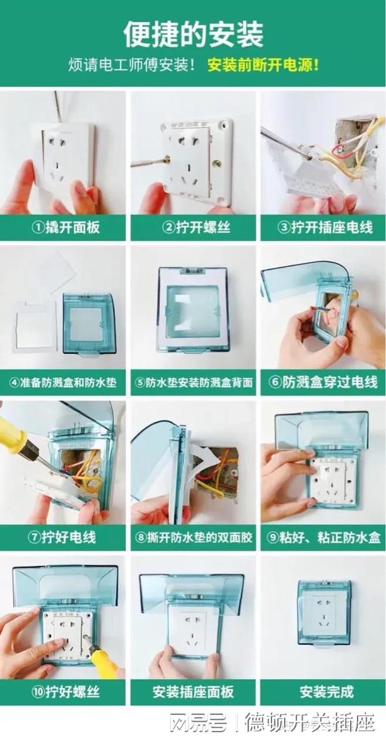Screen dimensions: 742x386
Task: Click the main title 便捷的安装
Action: tap(193, 34)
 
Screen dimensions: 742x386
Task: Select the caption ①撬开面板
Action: tap(65, 228)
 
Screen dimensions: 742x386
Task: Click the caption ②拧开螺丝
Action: tap(193, 228)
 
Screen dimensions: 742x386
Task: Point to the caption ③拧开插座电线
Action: tap(323, 228)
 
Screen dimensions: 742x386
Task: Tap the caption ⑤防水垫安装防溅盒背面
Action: tap(194, 383)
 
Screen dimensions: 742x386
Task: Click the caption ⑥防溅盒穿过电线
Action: tap(323, 383)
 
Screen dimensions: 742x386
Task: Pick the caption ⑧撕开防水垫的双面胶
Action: tap(194, 538)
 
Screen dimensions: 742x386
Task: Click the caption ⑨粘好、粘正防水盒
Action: tap(323, 538)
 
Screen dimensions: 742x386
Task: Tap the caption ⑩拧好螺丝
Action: tap(65, 693)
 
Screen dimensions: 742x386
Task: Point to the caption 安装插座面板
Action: tap(194, 693)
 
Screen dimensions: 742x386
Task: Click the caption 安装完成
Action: tap(323, 693)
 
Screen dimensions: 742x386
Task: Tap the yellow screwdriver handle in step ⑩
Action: tap(104, 662)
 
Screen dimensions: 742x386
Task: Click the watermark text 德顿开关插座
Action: tap(309, 724)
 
